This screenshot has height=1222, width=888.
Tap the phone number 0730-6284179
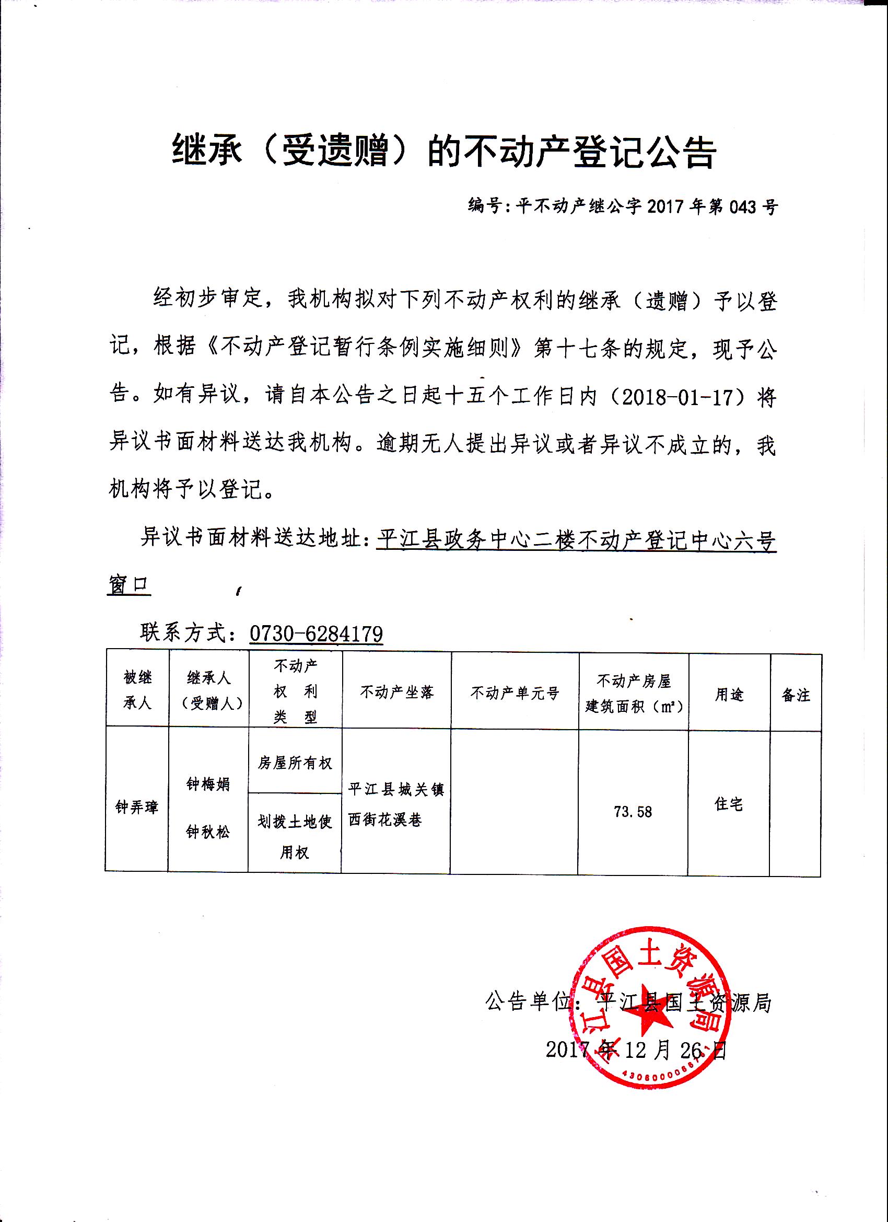[316, 633]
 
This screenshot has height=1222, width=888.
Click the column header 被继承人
[137, 690]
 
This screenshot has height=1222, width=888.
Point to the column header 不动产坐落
[397, 693]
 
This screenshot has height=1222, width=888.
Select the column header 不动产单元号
[515, 693]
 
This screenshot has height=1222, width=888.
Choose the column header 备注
[796, 695]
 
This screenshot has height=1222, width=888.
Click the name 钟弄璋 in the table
[137, 807]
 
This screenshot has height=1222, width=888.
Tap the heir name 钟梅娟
[208, 784]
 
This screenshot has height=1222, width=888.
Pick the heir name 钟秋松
[208, 832]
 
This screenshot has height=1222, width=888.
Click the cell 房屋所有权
[295, 763]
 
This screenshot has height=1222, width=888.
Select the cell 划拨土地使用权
[295, 837]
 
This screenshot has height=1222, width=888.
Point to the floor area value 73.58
[633, 812]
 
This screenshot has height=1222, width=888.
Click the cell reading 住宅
[729, 804]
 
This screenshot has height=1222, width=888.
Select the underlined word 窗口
[128, 584]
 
